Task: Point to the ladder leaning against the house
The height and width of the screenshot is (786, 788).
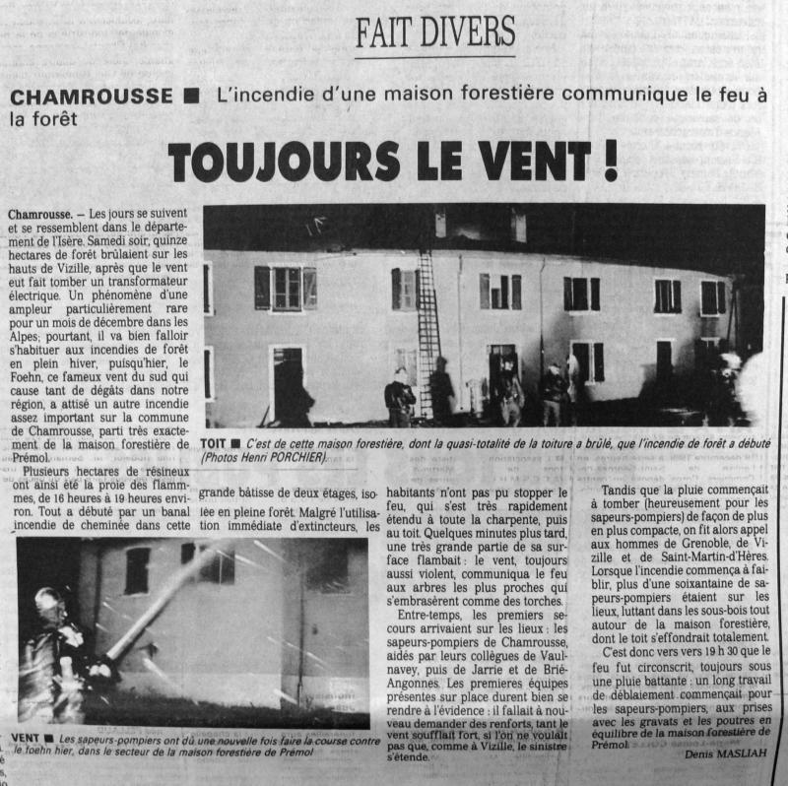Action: coord(427,335)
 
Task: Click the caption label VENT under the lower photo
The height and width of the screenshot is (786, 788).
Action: coord(27,738)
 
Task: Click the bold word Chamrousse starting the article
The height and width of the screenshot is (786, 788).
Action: coord(39,214)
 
